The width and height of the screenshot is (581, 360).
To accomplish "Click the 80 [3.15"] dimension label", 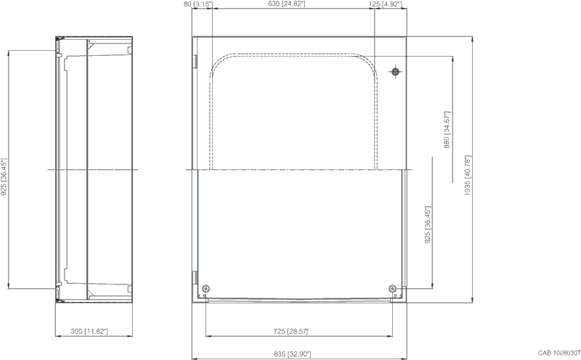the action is click(x=198, y=4).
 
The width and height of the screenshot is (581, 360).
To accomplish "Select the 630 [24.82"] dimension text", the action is click(x=286, y=4).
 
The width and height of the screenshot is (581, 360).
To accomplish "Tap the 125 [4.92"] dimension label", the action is click(x=386, y=4).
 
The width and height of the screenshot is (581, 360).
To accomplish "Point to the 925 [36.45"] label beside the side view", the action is click(x=4, y=177).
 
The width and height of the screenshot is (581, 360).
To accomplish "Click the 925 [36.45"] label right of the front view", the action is click(x=428, y=224).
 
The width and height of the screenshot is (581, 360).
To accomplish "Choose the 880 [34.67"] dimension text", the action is click(x=447, y=130).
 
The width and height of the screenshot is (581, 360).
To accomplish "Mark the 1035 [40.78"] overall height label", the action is click(x=467, y=175).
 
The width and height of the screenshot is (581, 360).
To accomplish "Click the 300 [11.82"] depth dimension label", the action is click(x=89, y=331).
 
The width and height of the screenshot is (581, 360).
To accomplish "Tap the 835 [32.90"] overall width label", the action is click(x=293, y=354).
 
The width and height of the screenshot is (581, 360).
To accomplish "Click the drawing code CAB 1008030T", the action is click(x=559, y=353).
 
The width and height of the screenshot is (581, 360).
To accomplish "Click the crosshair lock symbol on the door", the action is click(x=395, y=71).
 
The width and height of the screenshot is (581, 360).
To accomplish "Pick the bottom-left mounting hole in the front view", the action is click(x=206, y=289).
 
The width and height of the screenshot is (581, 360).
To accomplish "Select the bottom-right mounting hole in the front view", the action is click(x=393, y=289).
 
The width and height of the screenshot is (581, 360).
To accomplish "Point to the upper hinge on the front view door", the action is click(x=195, y=62).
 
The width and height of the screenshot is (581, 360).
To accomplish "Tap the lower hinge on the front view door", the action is click(x=195, y=277).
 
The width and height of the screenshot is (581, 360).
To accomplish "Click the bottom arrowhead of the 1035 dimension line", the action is click(x=473, y=300).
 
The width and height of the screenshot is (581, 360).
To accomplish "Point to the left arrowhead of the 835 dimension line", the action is click(x=195, y=359).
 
